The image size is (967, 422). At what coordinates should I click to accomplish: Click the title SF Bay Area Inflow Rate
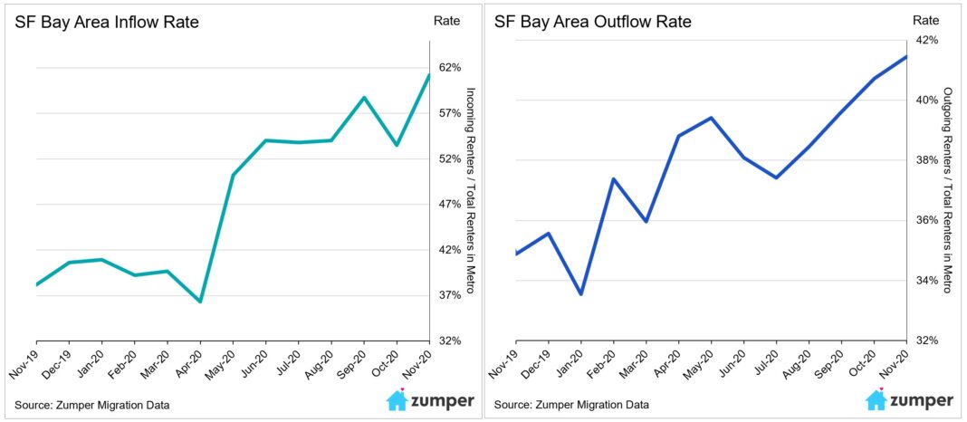pos(107,22)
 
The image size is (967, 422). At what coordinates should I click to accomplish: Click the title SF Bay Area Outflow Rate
pos(592,22)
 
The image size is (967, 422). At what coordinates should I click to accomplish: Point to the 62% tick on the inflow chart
pos(450,68)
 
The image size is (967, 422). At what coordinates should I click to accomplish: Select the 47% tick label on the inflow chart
pos(450,205)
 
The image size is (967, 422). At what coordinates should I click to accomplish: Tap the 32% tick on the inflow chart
pos(450,340)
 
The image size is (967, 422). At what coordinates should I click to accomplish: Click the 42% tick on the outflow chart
pos(924,41)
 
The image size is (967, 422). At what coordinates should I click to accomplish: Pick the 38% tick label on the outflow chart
pos(924,160)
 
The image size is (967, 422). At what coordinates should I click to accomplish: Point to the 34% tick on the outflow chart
pos(924,281)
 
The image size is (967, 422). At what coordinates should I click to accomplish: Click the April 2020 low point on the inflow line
pos(200,301)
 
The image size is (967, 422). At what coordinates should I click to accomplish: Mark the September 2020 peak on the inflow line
pos(363,98)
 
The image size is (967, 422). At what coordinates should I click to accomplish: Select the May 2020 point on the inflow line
pos(233,175)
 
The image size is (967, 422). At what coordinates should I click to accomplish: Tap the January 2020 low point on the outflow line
pos(581,293)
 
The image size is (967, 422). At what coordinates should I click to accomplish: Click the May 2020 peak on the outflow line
pos(712,118)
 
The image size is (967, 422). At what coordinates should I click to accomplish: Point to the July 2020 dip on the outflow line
pos(777,177)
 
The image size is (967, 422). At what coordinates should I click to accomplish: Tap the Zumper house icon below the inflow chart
pos(397,400)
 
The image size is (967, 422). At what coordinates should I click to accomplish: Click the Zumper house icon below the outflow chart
pos(876,400)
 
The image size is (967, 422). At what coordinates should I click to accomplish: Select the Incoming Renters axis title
pos(470,190)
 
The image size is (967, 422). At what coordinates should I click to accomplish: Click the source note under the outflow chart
pos(571,404)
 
